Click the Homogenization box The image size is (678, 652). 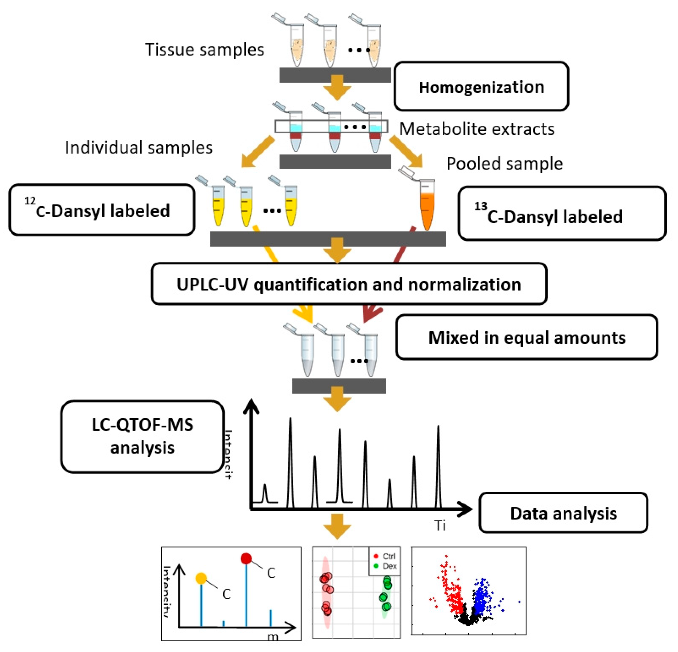coord(481,87)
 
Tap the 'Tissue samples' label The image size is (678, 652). coord(204,49)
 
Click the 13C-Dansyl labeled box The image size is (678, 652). coord(562,213)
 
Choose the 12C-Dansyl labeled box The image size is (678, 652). coord(102,210)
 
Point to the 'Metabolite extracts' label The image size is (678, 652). coord(477,129)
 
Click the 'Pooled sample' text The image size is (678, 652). coord(504,164)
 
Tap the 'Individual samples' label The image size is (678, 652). coord(139,148)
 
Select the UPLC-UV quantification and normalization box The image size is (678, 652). coord(349,284)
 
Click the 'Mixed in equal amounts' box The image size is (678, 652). coord(527,337)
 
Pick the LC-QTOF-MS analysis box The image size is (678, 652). coord(142,436)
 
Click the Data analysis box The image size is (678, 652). coord(563,513)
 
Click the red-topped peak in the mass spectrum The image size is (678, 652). coord(246,559)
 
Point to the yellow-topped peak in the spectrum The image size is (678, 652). coord(201,578)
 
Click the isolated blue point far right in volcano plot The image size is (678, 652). coord(519,602)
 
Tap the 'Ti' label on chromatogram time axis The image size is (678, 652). coord(440,526)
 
